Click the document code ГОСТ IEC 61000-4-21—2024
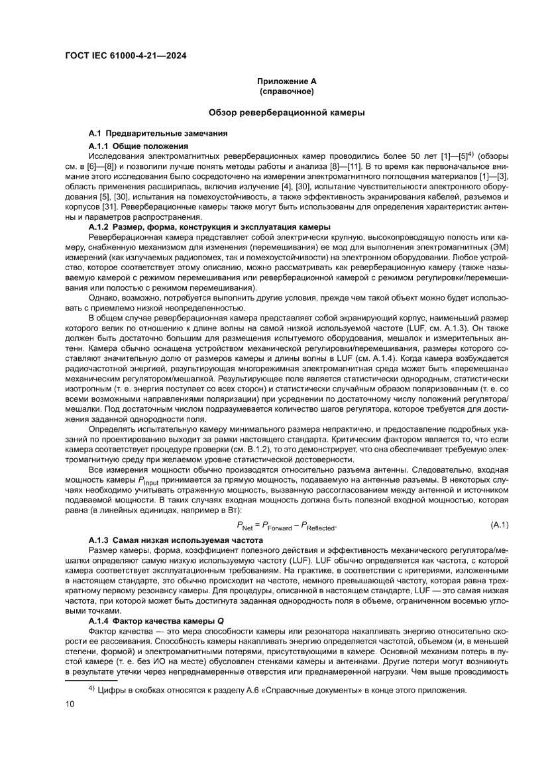pyautogui.click(x=125, y=56)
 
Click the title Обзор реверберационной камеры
pyautogui.click(x=286, y=113)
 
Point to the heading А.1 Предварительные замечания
pyautogui.click(x=158, y=134)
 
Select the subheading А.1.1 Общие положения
pyautogui.click(x=138, y=145)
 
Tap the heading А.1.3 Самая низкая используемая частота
pyautogui.click(x=176, y=540)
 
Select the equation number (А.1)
pyautogui.click(x=499, y=524)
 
